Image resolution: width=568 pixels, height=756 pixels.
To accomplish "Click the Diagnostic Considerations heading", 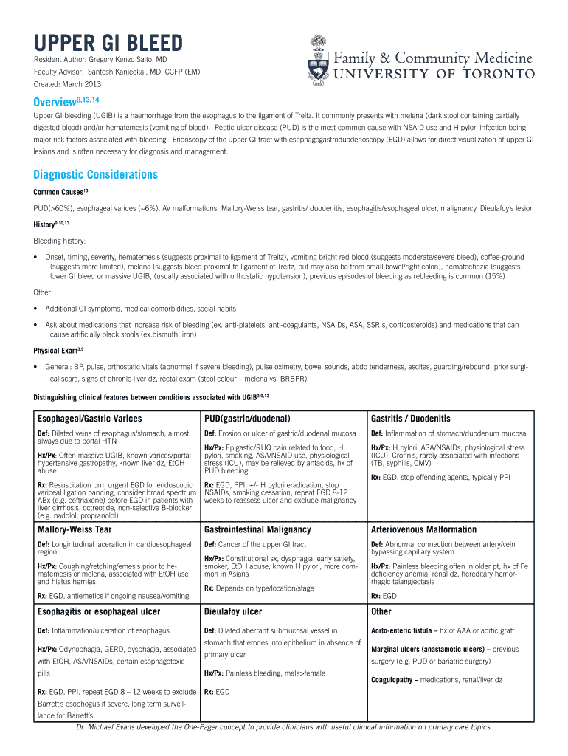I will (95, 175).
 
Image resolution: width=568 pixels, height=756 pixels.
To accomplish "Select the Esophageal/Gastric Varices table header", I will (89, 419).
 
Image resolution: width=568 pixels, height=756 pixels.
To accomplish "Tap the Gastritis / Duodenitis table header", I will (411, 419).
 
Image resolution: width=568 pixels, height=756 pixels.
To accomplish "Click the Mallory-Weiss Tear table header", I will (75, 529).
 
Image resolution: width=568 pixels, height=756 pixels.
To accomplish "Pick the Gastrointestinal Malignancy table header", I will (257, 529).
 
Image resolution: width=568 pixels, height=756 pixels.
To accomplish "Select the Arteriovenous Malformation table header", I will (424, 529).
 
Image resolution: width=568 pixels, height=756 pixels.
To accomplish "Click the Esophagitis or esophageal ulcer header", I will (99, 611).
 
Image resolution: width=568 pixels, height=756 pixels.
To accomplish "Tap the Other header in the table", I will (381, 611).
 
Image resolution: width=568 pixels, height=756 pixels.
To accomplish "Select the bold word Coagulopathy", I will (394, 679).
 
